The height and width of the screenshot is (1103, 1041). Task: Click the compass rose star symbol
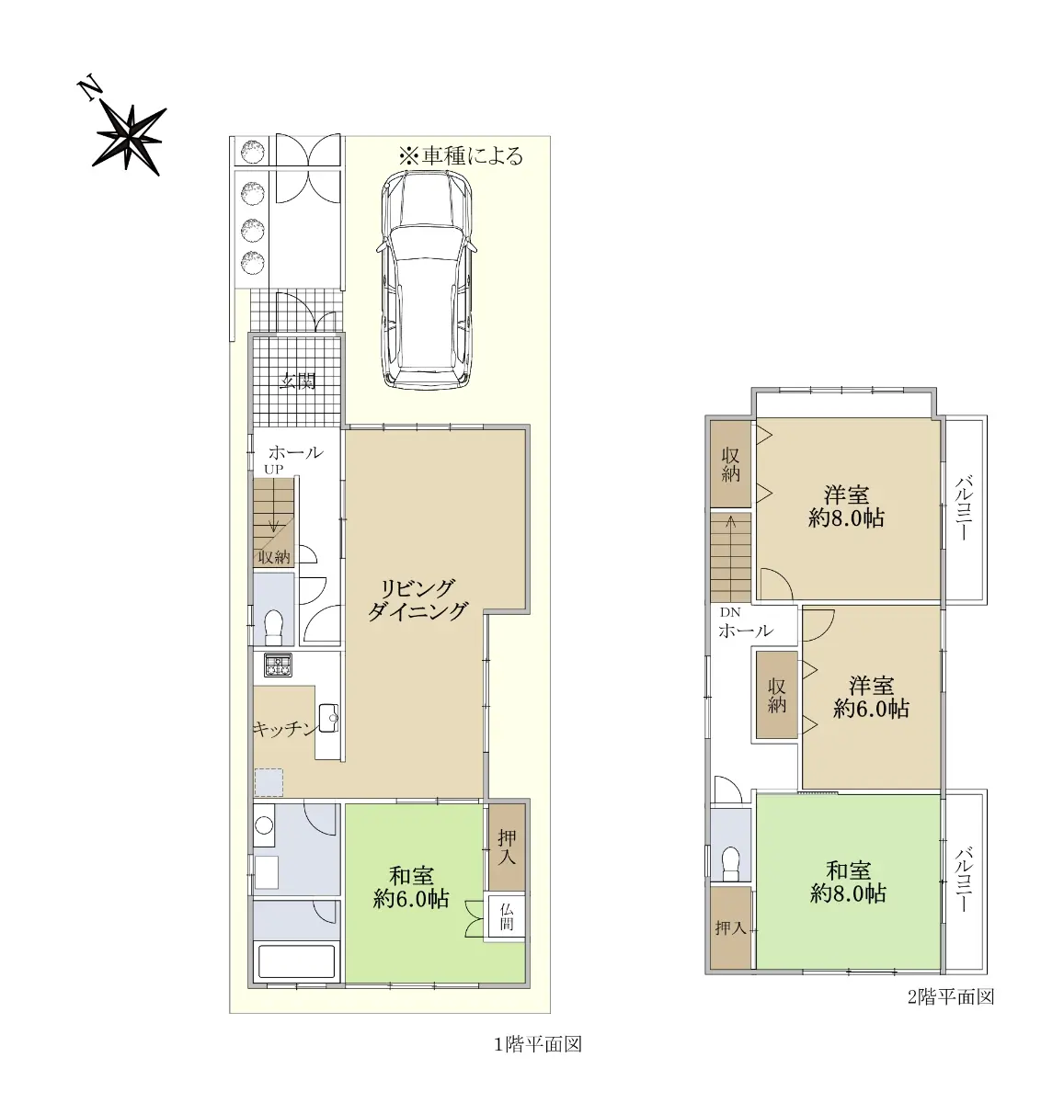click(131, 138)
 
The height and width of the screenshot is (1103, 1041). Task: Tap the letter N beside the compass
click(89, 89)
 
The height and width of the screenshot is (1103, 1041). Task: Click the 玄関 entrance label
click(298, 381)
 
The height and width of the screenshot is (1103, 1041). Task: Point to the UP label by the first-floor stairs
click(273, 469)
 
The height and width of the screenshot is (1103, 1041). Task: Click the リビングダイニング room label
click(418, 599)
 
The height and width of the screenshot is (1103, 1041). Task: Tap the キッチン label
click(284, 728)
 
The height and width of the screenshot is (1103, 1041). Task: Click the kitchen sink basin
click(328, 721)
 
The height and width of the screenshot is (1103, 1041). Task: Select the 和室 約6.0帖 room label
click(411, 888)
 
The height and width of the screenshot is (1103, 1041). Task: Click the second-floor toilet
click(730, 863)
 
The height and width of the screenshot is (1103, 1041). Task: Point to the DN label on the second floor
click(730, 612)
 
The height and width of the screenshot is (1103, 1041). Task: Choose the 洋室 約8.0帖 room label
click(846, 506)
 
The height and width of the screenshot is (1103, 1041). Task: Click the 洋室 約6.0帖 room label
click(871, 699)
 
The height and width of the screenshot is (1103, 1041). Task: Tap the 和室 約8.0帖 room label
click(848, 882)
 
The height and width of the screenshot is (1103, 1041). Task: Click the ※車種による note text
click(461, 155)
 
